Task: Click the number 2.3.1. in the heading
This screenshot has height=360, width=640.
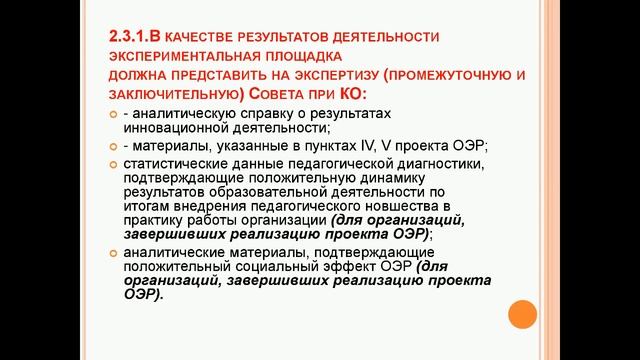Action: [x=132, y=38]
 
